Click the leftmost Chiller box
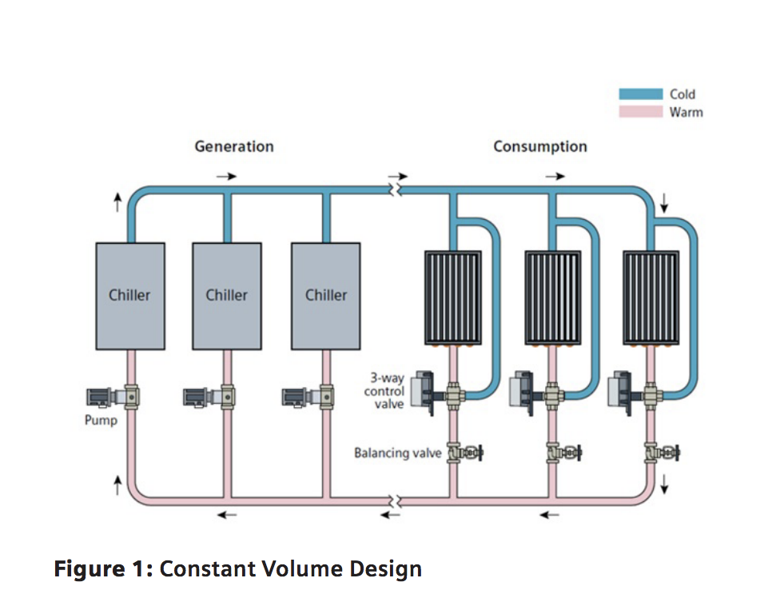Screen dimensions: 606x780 click(x=130, y=296)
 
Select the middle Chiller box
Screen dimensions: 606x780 click(x=226, y=296)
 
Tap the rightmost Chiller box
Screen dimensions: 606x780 click(x=325, y=296)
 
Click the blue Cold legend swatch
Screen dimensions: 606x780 click(x=641, y=94)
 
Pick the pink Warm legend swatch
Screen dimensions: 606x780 click(x=641, y=112)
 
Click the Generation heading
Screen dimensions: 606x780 click(x=234, y=146)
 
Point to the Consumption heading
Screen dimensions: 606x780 click(x=539, y=146)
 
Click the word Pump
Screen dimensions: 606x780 click(x=101, y=420)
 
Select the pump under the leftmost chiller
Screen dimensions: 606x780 click(x=108, y=395)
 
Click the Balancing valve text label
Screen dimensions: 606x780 click(x=398, y=453)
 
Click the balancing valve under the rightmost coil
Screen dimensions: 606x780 click(x=661, y=454)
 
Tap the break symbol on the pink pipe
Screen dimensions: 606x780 click(x=392, y=500)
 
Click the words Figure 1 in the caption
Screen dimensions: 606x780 click(x=101, y=569)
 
